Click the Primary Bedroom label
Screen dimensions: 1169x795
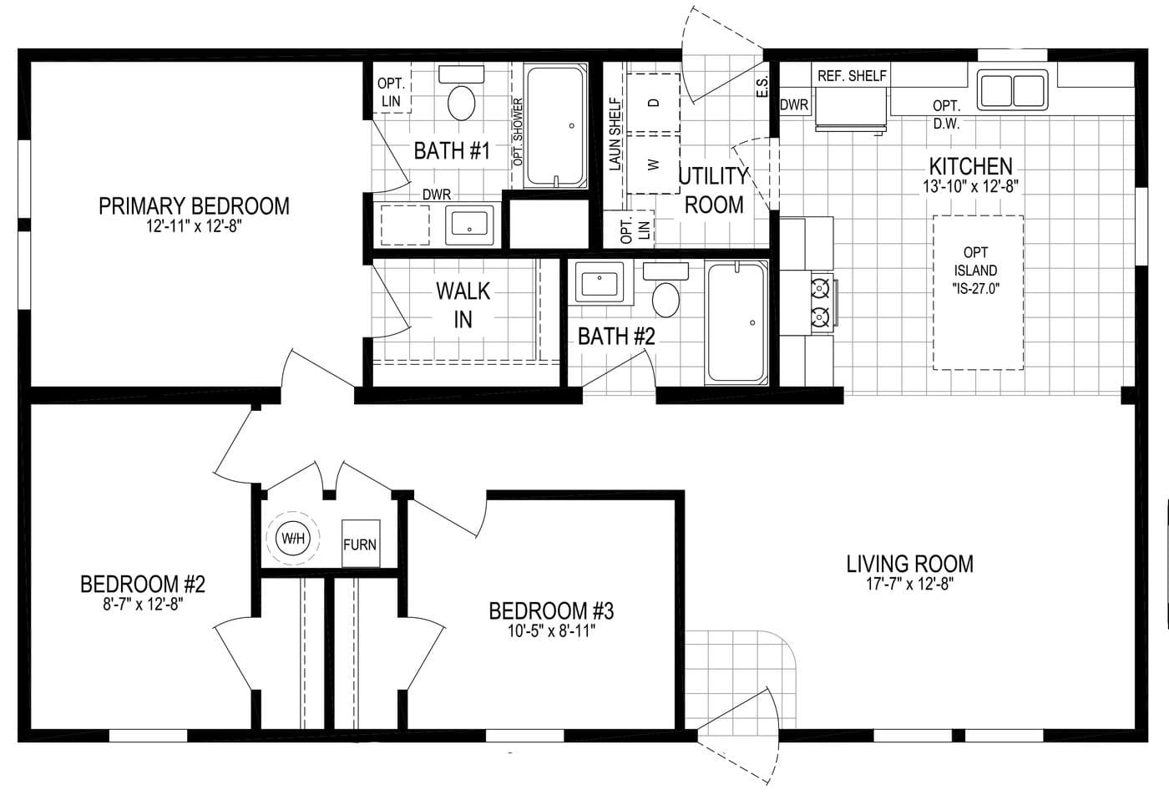(194, 206)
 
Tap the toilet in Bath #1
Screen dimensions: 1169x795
(461, 94)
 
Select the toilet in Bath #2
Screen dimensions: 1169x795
(666, 291)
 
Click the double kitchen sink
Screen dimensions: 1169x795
(1012, 90)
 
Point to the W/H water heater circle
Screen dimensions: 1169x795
(293, 538)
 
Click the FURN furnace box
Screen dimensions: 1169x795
(361, 544)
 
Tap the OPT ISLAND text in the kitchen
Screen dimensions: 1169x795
(976, 271)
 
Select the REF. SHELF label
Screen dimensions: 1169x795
(852, 76)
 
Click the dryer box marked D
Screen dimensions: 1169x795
(653, 103)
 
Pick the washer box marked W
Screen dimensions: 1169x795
(653, 165)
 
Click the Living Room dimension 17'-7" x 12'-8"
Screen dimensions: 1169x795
(910, 584)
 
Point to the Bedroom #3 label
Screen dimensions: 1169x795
(551, 610)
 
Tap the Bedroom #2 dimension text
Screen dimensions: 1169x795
(143, 605)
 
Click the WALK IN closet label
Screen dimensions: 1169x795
(463, 306)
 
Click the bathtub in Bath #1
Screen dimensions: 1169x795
(556, 126)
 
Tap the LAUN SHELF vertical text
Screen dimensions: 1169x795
(616, 134)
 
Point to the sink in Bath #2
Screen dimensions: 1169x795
(600, 283)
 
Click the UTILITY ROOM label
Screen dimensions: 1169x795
(713, 191)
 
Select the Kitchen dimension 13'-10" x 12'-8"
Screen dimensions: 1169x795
(970, 186)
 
